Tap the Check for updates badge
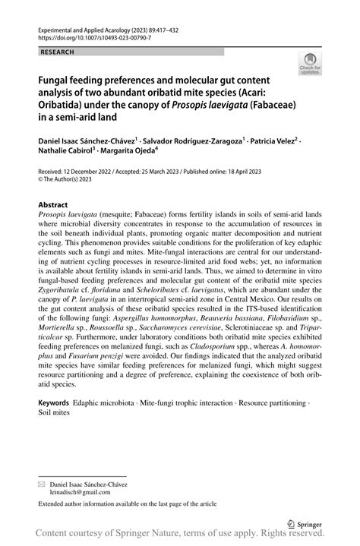click(310, 64)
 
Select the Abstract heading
click(53, 205)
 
